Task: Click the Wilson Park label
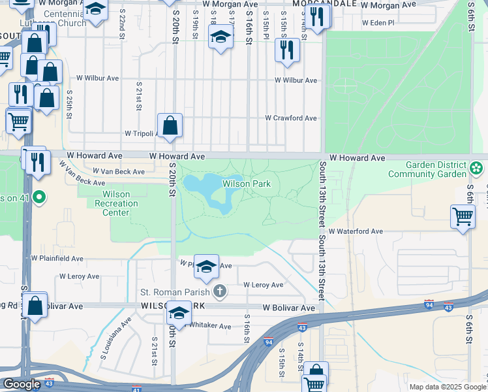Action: click(x=247, y=184)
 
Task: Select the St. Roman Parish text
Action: click(x=175, y=291)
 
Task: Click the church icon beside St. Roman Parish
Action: click(x=221, y=291)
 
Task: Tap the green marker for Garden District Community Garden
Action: click(x=477, y=170)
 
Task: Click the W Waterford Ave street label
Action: click(x=356, y=231)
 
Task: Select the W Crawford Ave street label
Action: click(x=290, y=118)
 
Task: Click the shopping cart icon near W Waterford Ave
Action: click(x=463, y=216)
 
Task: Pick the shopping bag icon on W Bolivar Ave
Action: click(x=35, y=305)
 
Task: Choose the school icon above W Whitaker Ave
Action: click(x=178, y=312)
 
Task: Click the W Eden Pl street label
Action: click(x=378, y=22)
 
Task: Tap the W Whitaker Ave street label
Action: click(x=207, y=327)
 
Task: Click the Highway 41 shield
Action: click(x=136, y=388)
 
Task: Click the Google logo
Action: click(x=21, y=384)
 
